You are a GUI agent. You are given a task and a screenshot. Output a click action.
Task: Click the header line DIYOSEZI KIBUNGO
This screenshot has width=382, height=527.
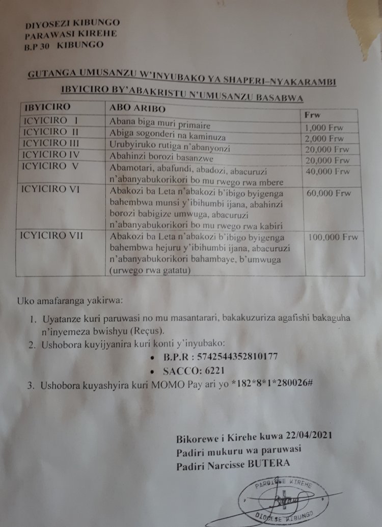(x=73, y=23)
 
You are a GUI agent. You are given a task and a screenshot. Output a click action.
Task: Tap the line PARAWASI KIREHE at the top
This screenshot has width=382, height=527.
(x=71, y=34)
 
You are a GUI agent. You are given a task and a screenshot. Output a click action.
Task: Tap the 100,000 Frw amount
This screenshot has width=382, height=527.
(x=333, y=237)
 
